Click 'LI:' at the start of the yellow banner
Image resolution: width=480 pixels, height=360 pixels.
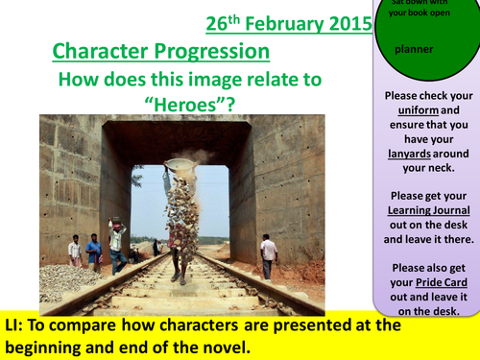coord(17,326)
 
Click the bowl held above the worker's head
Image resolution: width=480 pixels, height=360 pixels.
coord(180,165)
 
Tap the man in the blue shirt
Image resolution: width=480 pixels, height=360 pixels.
coord(94,252)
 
